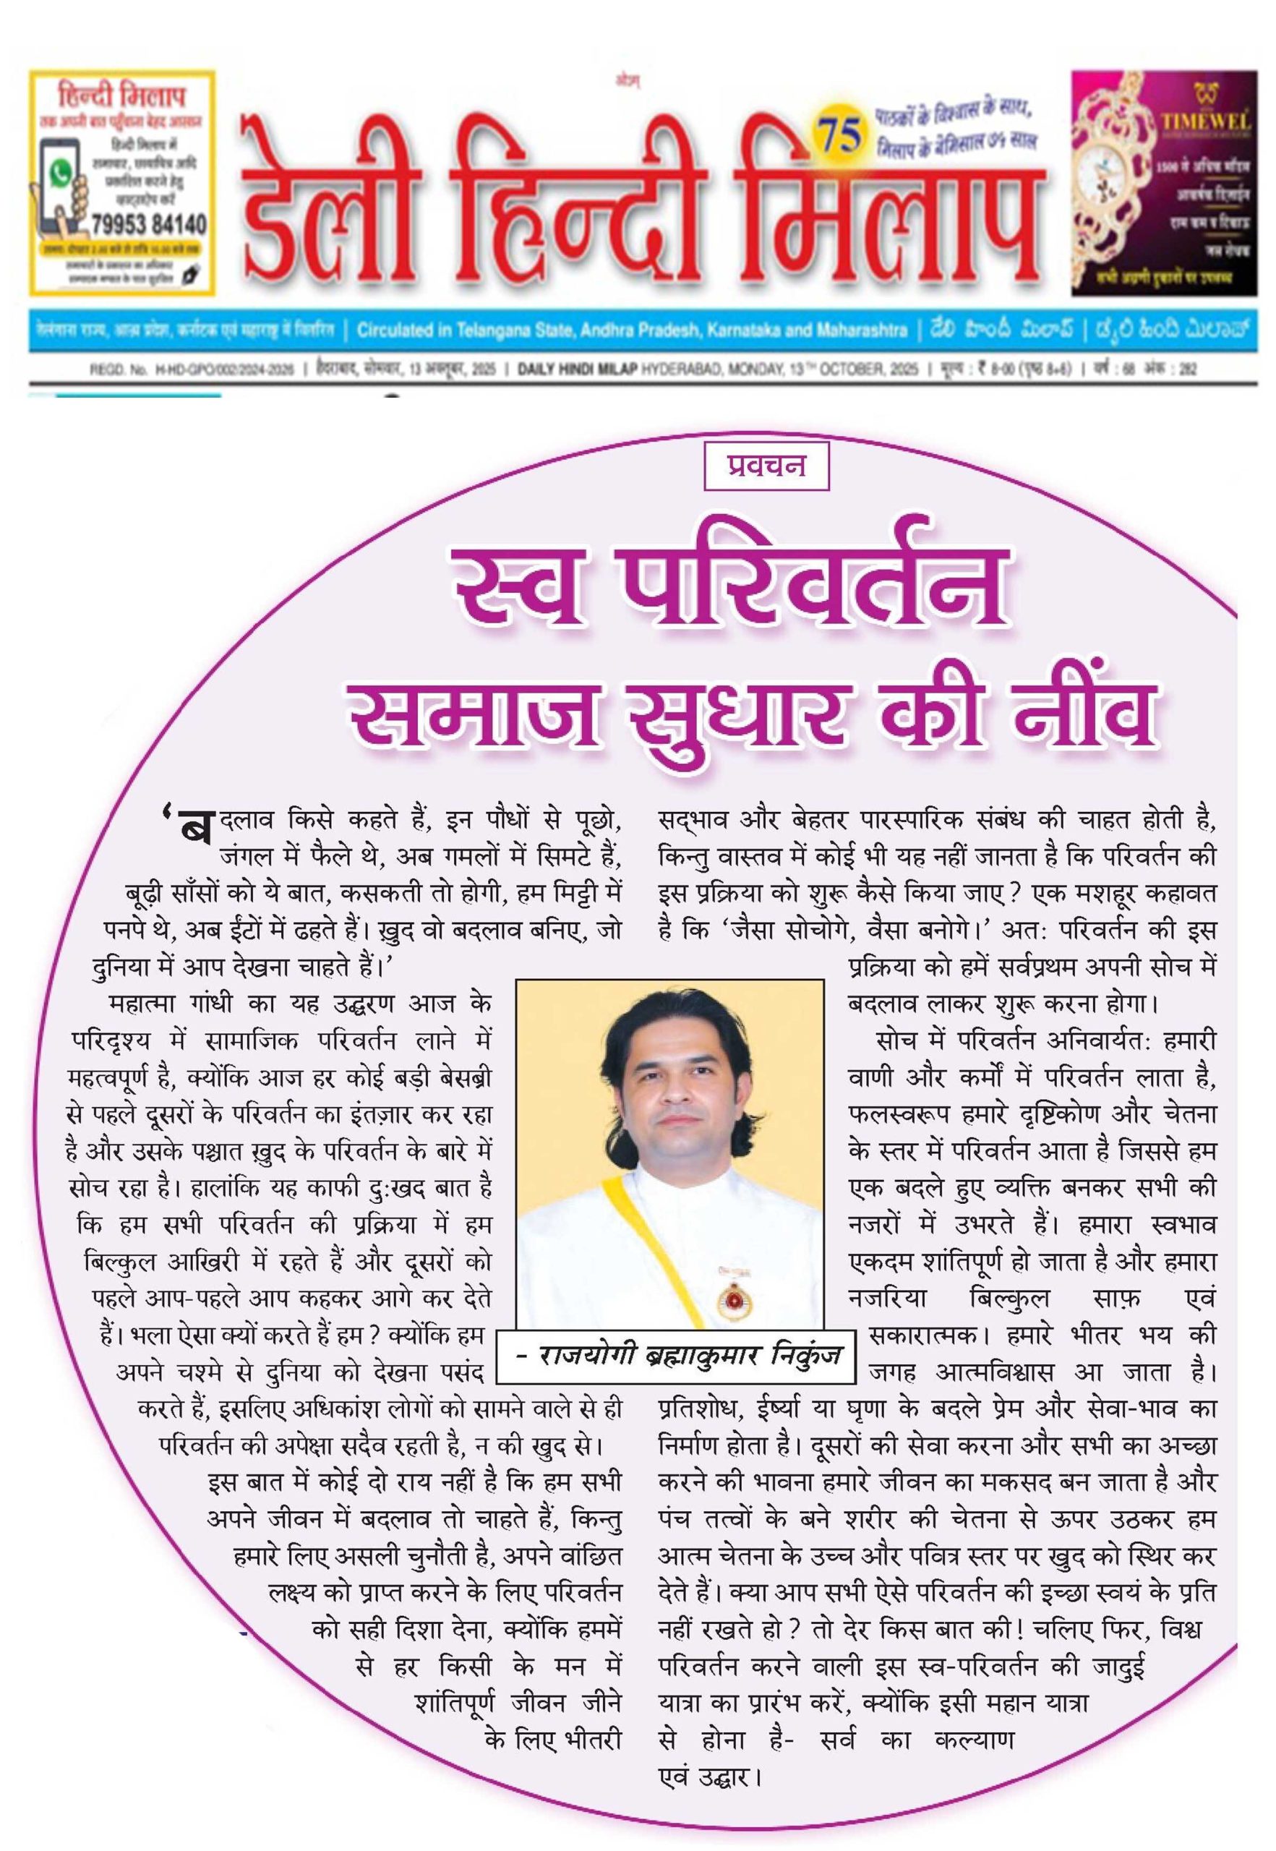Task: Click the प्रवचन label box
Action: tap(765, 466)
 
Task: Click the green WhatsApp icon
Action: tap(61, 174)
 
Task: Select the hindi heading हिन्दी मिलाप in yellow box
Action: tap(121, 97)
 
